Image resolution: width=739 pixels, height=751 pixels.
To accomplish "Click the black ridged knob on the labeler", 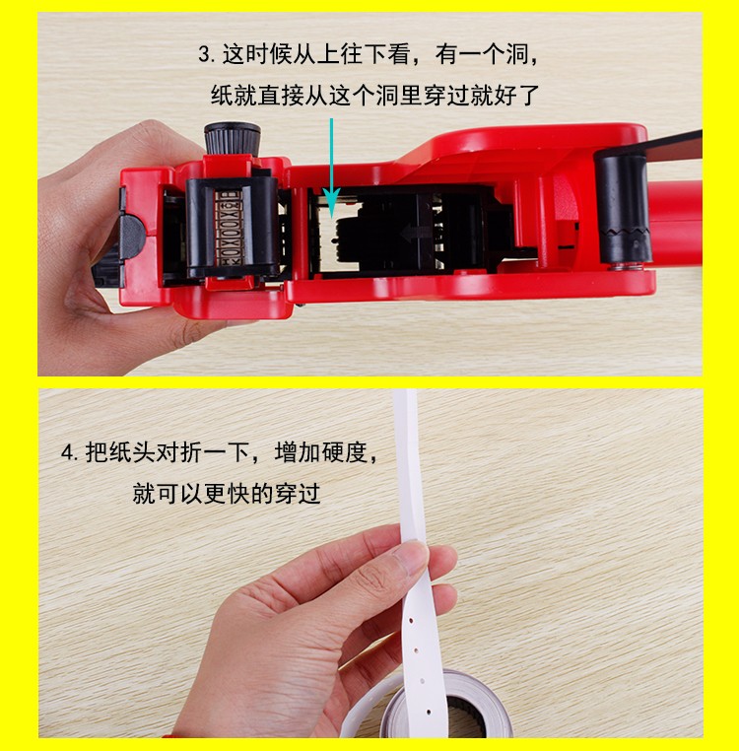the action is (233, 138).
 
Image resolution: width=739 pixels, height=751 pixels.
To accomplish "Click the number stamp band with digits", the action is (229, 228).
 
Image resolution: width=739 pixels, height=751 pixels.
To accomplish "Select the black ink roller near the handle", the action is (623, 207).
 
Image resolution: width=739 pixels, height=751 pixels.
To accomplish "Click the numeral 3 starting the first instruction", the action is (206, 54).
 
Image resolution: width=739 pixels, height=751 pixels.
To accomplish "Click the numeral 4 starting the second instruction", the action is (69, 452).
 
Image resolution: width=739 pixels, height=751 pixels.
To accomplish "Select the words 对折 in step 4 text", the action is (179, 452).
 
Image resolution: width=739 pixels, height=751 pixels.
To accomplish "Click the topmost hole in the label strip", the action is (412, 621).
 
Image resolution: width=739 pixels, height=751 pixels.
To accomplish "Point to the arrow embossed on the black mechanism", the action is (416, 234).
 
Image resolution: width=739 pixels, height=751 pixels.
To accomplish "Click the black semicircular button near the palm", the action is (131, 238).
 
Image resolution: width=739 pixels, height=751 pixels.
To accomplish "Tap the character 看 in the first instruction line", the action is (398, 54).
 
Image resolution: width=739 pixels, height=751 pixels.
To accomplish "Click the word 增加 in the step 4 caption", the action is (298, 452).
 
